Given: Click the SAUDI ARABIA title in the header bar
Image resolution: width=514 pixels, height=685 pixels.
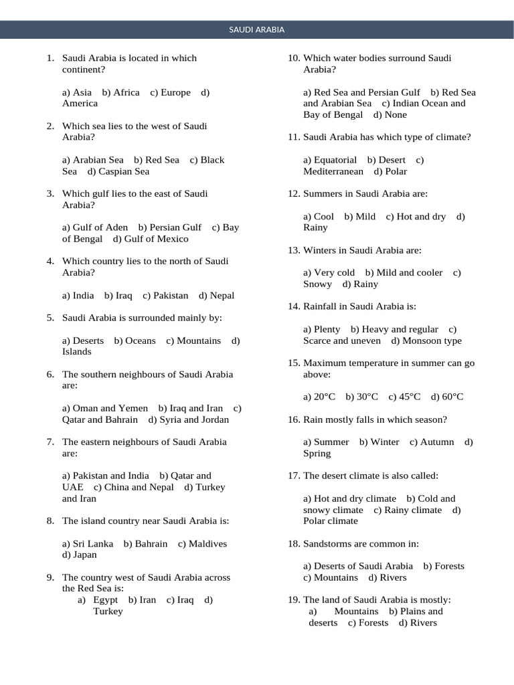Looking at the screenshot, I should (257, 29).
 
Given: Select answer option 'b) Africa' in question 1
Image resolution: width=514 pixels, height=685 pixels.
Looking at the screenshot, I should (121, 92).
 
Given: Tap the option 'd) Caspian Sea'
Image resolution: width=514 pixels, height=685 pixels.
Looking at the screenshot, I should (118, 171).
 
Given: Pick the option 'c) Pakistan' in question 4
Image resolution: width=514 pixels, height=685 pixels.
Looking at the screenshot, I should (165, 295).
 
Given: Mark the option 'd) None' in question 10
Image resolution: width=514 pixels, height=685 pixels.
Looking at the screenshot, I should (390, 114).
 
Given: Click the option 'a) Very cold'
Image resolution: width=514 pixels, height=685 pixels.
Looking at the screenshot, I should (329, 272).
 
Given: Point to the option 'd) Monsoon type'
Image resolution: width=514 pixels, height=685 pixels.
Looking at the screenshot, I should (426, 340).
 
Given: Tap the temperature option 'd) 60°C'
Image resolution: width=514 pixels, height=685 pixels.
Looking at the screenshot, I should (447, 397).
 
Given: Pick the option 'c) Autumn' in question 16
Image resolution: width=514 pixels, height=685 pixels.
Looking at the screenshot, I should (432, 442).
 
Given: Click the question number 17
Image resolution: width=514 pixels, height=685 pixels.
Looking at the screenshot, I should (294, 476).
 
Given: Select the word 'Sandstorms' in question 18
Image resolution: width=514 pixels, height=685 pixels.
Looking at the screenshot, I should (326, 543).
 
